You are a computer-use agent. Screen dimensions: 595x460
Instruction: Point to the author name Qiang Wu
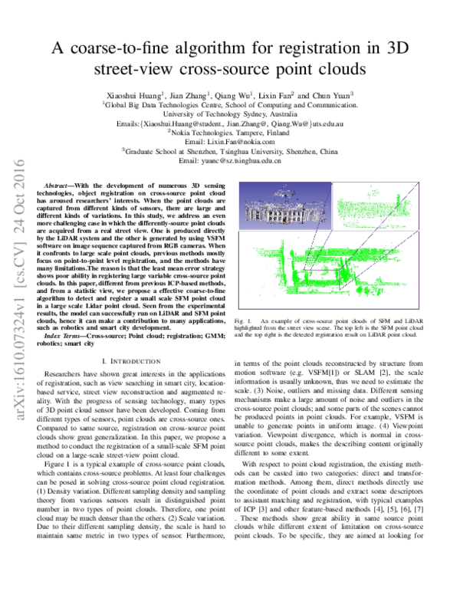248,91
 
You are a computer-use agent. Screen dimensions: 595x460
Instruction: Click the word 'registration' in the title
305,49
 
